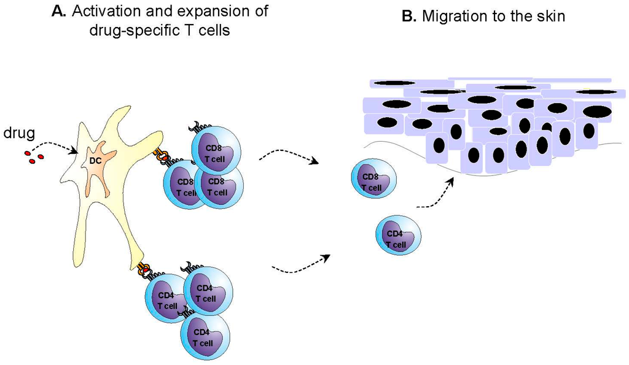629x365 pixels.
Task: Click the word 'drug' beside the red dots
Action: (x=18, y=133)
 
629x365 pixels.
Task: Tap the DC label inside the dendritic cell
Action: (x=95, y=161)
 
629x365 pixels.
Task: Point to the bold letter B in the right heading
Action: (x=408, y=17)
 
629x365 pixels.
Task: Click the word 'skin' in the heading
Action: (x=550, y=17)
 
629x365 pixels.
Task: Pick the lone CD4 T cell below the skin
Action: (x=399, y=234)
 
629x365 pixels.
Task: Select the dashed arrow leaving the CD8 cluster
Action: (x=288, y=158)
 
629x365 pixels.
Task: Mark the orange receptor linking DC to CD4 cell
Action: (x=145, y=269)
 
